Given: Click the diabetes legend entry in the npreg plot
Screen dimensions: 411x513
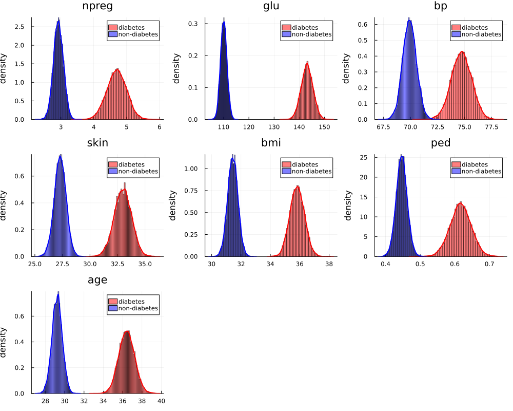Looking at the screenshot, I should click(x=131, y=27).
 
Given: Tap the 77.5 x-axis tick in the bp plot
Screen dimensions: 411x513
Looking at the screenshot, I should click(x=491, y=126).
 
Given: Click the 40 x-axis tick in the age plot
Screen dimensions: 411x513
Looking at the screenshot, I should click(x=161, y=401).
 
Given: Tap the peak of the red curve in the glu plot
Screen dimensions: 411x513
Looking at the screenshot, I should click(x=307, y=63).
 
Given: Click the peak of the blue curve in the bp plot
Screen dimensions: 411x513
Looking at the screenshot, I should click(x=409, y=20).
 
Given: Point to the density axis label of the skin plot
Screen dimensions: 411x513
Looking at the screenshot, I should click(x=5, y=205).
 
